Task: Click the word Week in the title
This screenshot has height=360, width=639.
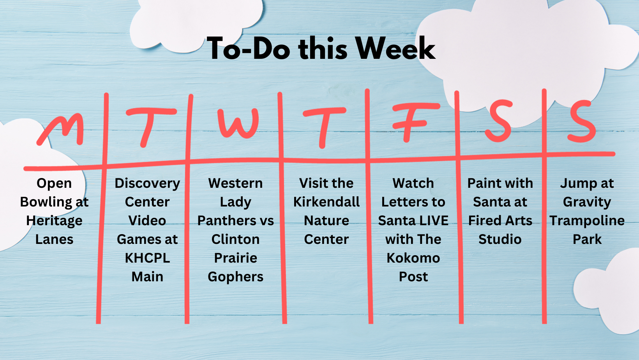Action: click(x=395, y=48)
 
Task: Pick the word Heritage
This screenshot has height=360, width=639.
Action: click(x=54, y=221)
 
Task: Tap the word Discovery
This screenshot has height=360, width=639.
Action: click(x=147, y=184)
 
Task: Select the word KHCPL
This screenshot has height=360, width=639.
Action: click(x=147, y=258)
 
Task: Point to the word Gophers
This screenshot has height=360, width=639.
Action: click(x=236, y=277)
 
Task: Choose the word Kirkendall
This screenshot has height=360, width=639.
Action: click(x=327, y=202)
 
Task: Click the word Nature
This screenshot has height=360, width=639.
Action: click(x=327, y=221)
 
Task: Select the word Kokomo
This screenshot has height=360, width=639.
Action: click(x=413, y=258)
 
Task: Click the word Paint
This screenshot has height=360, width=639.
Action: click(x=482, y=183)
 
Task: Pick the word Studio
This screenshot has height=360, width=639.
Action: click(x=500, y=239)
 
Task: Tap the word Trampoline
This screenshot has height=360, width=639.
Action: click(x=587, y=221)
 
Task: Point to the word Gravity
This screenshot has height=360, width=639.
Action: click(x=587, y=202)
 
